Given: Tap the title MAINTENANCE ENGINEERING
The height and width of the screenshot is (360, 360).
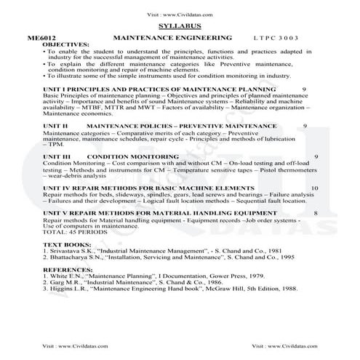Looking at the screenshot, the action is tap(173, 37).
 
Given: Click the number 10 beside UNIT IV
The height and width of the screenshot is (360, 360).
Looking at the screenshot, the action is tap(313, 188).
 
